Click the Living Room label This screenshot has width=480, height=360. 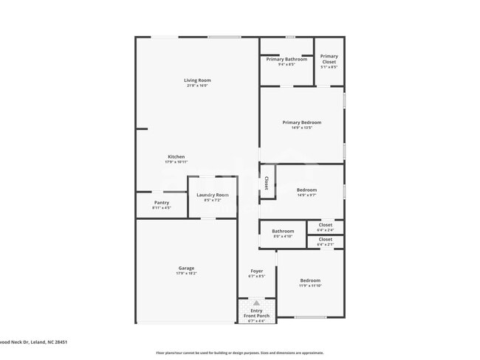197,80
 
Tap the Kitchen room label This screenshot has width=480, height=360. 176,156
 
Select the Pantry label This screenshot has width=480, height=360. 161,202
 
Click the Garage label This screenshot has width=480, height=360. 186,268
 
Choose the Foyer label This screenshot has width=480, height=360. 256,271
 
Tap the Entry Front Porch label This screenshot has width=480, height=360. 256,313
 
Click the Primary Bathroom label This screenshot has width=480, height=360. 287,59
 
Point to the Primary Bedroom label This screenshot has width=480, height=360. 301,122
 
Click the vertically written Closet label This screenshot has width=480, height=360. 267,182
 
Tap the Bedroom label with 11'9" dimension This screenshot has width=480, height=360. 310,280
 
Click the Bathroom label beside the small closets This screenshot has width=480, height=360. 283,231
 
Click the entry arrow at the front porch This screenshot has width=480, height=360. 256,302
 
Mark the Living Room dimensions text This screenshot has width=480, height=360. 197,86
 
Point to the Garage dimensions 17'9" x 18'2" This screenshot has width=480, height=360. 186,274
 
